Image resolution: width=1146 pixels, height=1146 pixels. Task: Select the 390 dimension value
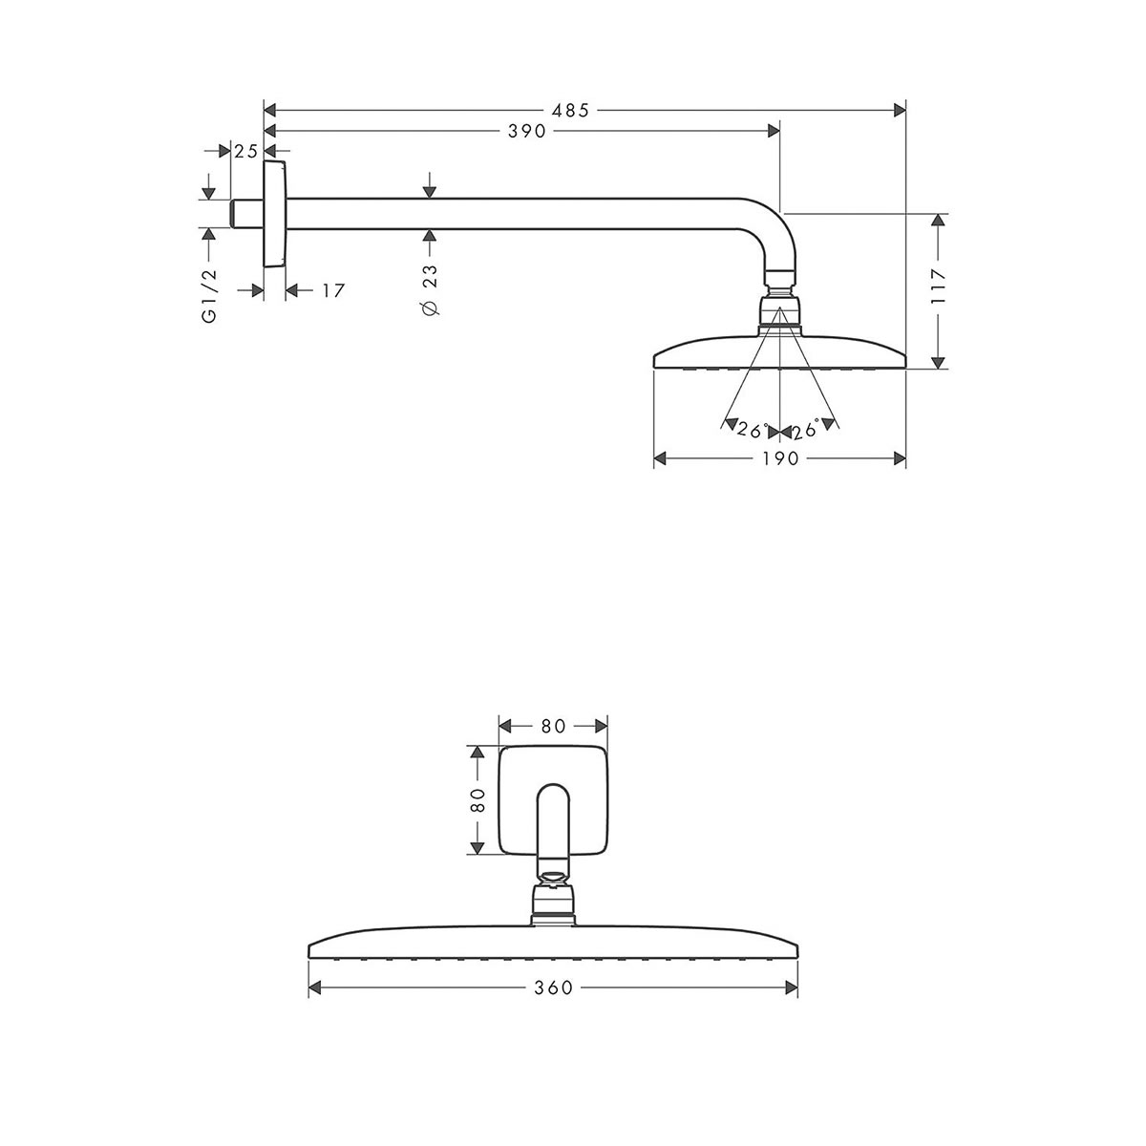(526, 131)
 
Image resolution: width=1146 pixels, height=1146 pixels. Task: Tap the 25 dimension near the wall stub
(246, 151)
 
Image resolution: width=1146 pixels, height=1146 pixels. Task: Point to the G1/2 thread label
(210, 295)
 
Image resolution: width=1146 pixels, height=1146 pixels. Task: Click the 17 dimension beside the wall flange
(331, 290)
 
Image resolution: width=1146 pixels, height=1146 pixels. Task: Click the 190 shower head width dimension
(779, 459)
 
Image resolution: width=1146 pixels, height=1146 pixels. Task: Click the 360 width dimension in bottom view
(553, 987)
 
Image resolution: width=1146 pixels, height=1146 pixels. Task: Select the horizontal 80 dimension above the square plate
(553, 726)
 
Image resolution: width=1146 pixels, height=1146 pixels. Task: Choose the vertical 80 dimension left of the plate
(478, 800)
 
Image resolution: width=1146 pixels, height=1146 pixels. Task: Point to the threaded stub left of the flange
(246, 214)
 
